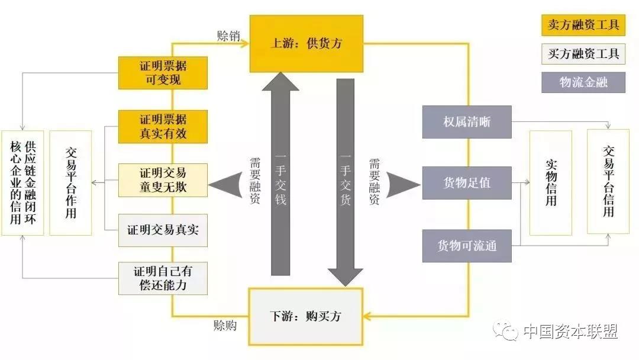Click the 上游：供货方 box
click(306, 44)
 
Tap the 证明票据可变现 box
click(163, 72)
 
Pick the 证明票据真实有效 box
click(163, 126)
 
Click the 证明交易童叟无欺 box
click(163, 180)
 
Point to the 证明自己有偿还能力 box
click(163, 278)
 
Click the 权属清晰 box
click(467, 122)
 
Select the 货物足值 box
click(467, 182)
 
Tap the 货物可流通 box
click(467, 246)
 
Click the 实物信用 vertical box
click(551, 182)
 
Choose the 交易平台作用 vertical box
click(70, 182)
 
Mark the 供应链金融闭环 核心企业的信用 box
click(22, 182)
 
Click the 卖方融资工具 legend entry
click(583, 25)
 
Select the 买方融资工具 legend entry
click(583, 54)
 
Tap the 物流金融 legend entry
click(583, 82)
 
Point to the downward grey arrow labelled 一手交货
click(346, 178)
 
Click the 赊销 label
click(228, 36)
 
